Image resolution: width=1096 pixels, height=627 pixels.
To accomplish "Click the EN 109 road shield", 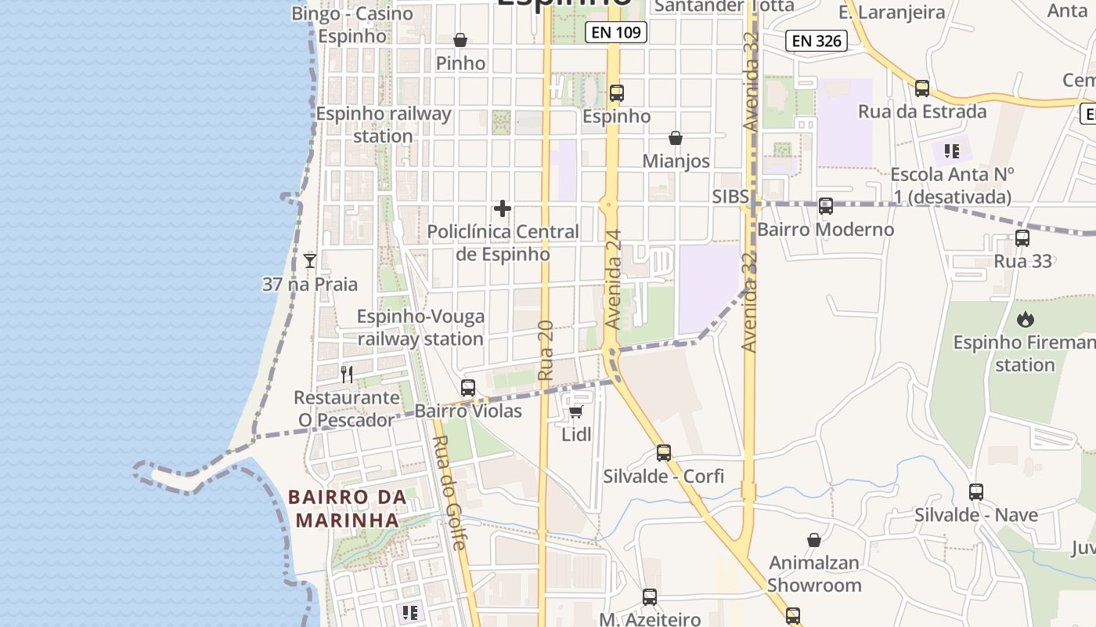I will [616, 32].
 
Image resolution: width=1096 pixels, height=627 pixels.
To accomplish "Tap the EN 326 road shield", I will [817, 41].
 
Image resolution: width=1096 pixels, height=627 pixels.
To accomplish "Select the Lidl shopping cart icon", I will [576, 411].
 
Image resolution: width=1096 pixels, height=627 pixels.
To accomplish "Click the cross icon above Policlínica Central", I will [503, 208].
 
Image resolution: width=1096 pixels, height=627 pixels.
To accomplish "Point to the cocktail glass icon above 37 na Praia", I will [310, 261].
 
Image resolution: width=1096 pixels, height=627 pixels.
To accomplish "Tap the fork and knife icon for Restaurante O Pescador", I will [348, 375].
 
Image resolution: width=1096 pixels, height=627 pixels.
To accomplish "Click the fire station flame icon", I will [1025, 319].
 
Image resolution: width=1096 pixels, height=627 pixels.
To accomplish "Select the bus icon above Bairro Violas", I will [468, 387].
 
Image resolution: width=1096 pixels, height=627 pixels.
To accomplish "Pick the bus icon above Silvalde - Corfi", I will [664, 452].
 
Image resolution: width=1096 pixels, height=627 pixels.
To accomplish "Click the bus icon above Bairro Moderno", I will [825, 206].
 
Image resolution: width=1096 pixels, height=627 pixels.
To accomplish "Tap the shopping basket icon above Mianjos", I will [676, 138].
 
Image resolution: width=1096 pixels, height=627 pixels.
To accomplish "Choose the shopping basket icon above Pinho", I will [460, 40].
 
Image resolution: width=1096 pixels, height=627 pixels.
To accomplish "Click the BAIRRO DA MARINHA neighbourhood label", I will [347, 508].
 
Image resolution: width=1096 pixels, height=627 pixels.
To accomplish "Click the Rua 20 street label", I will [546, 350].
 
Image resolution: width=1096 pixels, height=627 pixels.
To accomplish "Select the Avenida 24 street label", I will [614, 279].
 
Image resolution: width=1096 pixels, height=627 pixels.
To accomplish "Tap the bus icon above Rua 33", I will [1022, 238].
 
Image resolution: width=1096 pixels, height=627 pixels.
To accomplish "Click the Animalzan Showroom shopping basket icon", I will [814, 540].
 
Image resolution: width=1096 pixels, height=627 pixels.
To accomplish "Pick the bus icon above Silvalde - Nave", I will [975, 492].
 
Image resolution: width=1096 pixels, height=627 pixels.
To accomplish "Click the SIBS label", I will [731, 197].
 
